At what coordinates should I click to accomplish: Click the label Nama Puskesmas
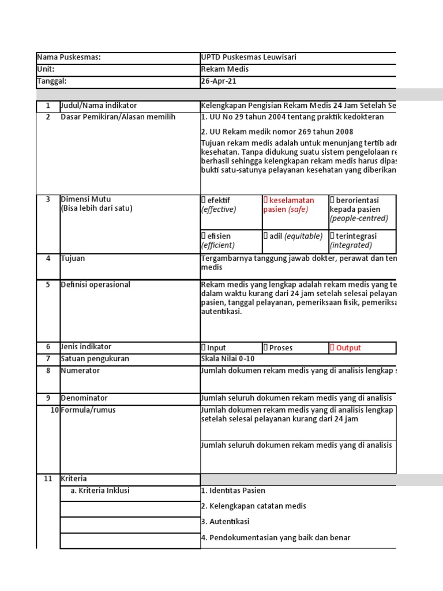[69, 57]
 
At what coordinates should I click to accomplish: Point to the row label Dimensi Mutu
[86, 200]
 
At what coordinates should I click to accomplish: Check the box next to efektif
[204, 200]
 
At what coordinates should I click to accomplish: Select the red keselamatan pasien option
[266, 200]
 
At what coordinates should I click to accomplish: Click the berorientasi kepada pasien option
[333, 200]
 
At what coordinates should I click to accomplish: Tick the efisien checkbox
[204, 236]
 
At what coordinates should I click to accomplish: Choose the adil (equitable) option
[266, 236]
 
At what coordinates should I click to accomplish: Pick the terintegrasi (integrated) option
[333, 236]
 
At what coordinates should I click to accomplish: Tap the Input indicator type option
[204, 348]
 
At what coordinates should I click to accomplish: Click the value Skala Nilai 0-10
[227, 359]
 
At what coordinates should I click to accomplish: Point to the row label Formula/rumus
[88, 410]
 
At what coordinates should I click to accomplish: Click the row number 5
[48, 285]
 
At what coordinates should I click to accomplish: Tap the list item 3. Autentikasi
[225, 522]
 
